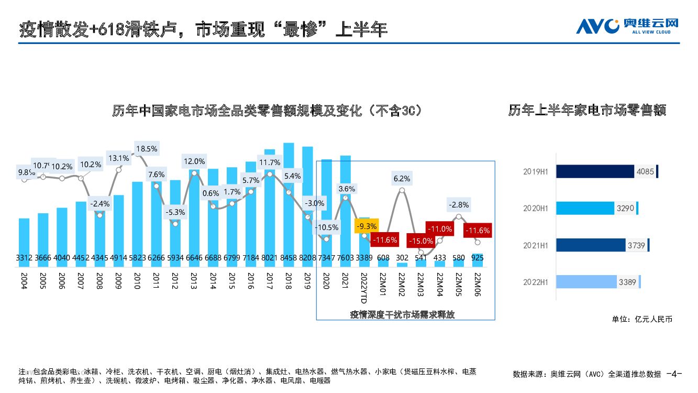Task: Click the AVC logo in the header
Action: pyautogui.click(x=627, y=25)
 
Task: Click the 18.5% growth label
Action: pyautogui.click(x=147, y=149)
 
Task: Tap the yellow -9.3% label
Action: pyautogui.click(x=366, y=226)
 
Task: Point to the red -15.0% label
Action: pyautogui.click(x=421, y=241)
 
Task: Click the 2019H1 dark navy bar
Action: pyautogui.click(x=595, y=171)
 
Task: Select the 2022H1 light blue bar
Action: pyautogui.click(x=586, y=282)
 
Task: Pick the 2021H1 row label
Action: pyautogui.click(x=535, y=245)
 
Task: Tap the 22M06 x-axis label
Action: pyautogui.click(x=477, y=286)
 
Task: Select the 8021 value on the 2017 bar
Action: pyautogui.click(x=270, y=258)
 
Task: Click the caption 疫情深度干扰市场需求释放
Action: pyautogui.click(x=402, y=314)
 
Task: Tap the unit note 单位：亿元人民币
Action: pyautogui.click(x=641, y=319)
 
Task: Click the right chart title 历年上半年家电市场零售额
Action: pyautogui.click(x=587, y=111)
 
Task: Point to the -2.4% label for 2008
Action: pyautogui.click(x=101, y=203)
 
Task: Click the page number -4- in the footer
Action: pyautogui.click(x=674, y=374)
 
